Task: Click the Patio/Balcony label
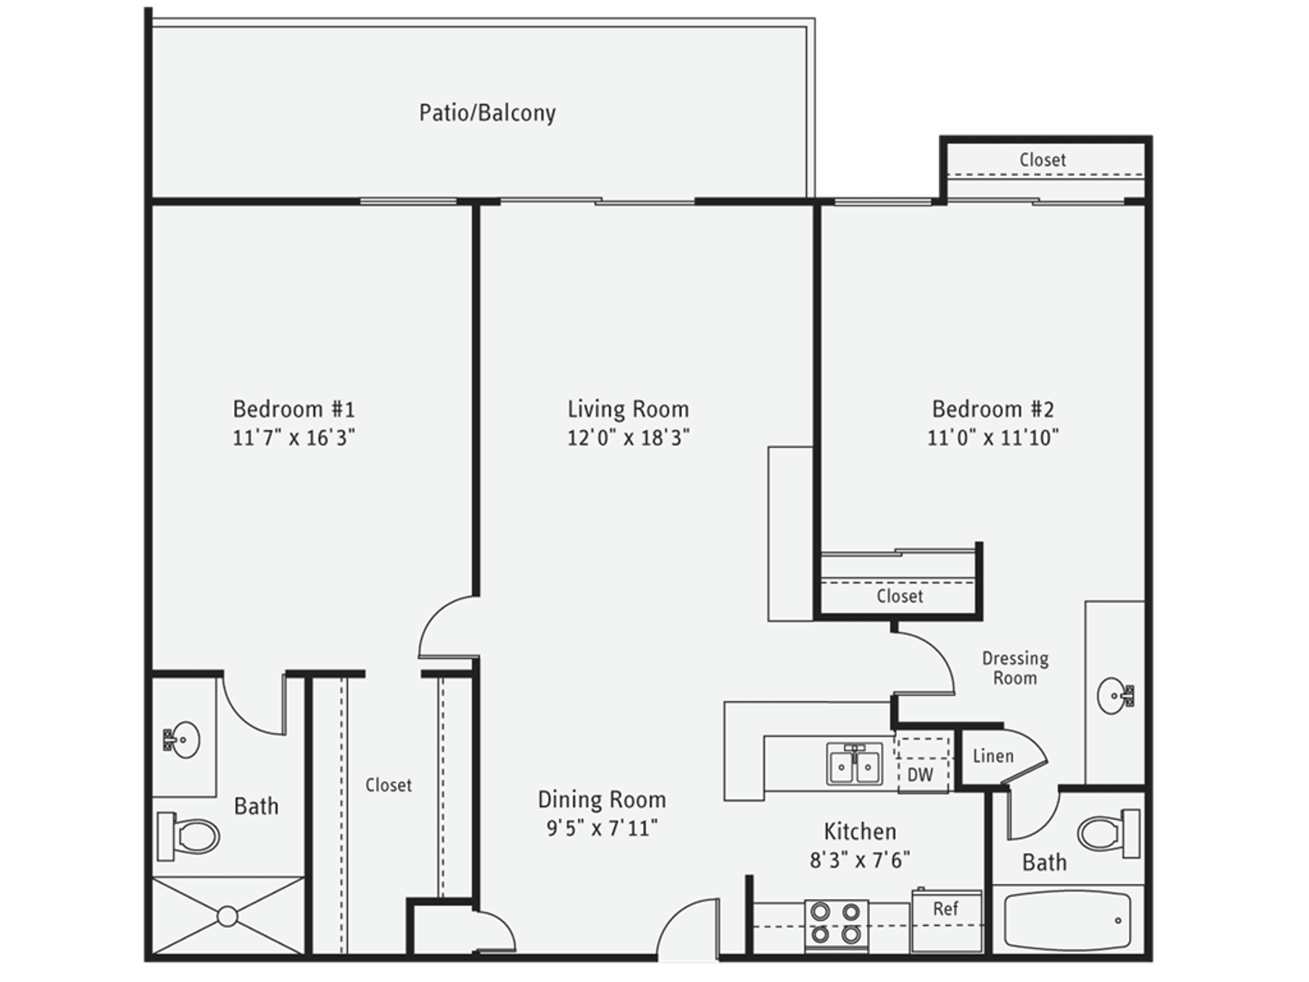tap(487, 113)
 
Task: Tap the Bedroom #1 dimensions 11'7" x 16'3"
tap(294, 438)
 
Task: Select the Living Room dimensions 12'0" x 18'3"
tap(628, 438)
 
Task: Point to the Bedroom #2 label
tap(993, 409)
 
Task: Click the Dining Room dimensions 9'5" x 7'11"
tap(602, 829)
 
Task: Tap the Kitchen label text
tap(859, 831)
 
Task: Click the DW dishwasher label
tap(920, 774)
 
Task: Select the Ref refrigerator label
tap(945, 909)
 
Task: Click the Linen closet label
tap(992, 756)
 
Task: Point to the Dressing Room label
tap(1015, 668)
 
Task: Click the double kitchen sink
tap(854, 764)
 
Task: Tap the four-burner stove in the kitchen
tap(836, 924)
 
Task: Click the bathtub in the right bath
tap(1067, 921)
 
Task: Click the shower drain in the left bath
tap(227, 917)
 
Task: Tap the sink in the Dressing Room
tap(1117, 695)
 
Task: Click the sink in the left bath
tap(182, 739)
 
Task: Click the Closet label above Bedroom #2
tap(1042, 160)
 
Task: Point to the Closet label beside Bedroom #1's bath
tap(388, 785)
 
